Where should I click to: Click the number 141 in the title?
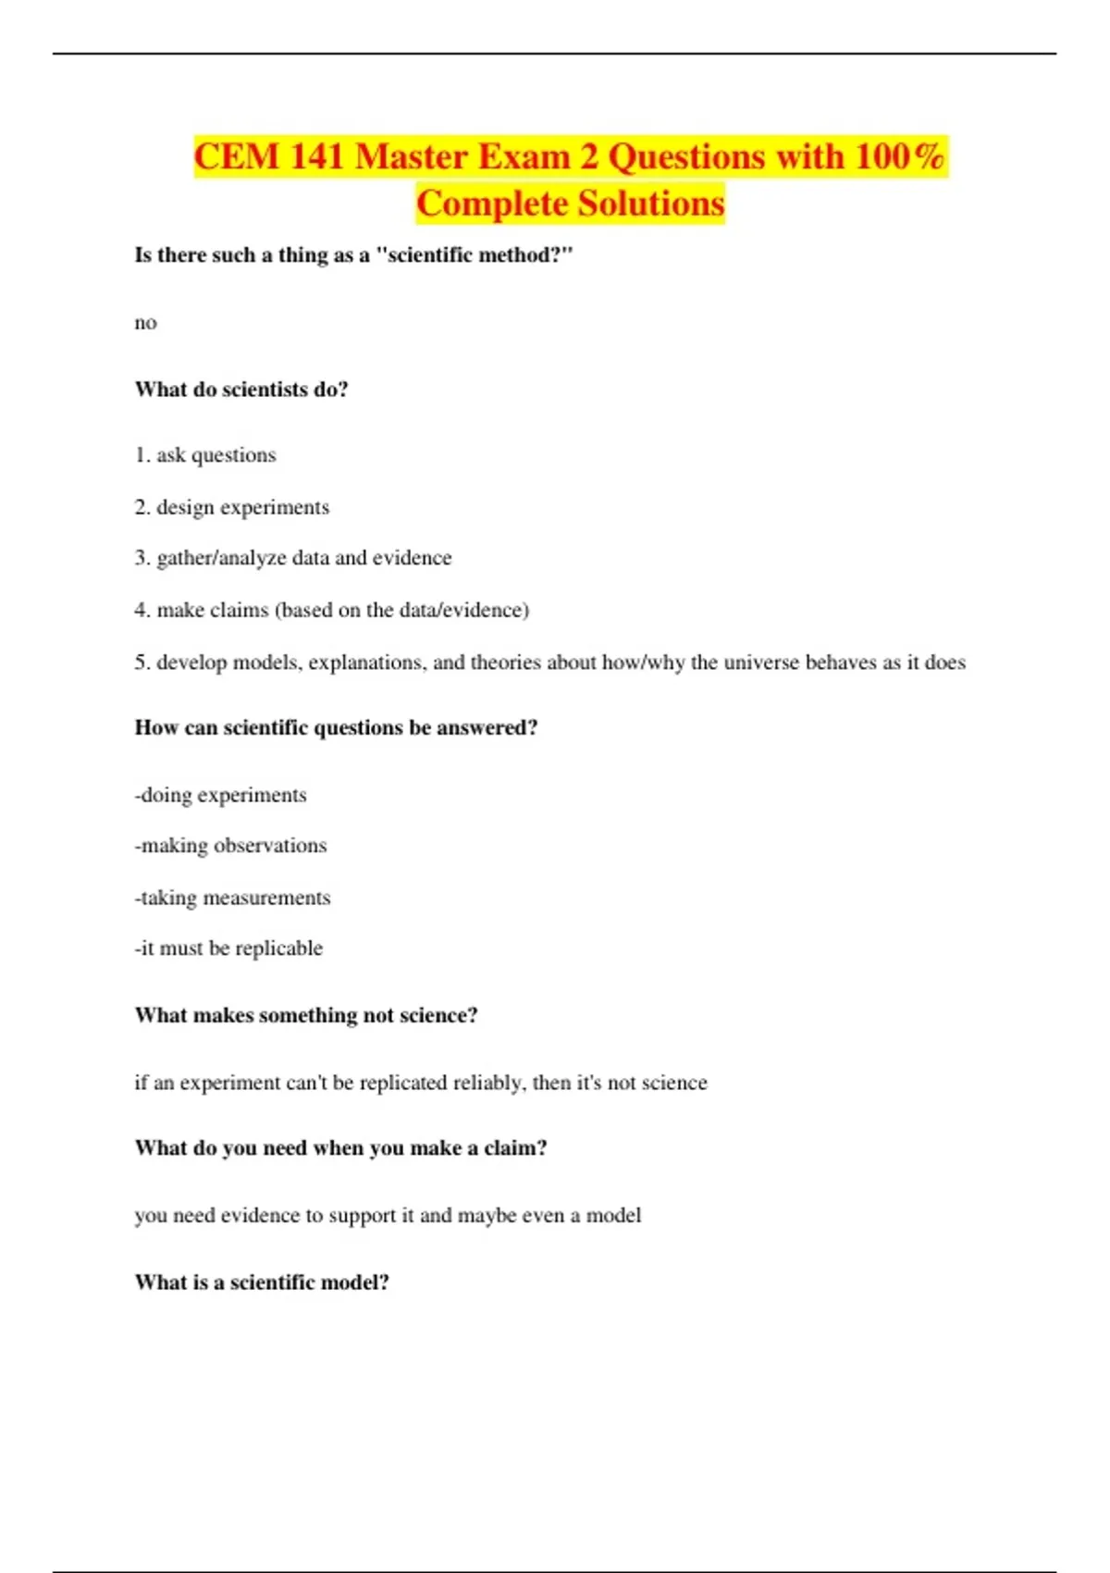point(316,156)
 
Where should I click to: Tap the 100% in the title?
point(899,156)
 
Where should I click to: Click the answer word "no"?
point(146,323)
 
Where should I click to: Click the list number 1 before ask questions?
point(141,455)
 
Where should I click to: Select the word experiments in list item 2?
point(275,508)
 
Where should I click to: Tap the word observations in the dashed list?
point(270,846)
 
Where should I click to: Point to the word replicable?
point(278,948)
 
